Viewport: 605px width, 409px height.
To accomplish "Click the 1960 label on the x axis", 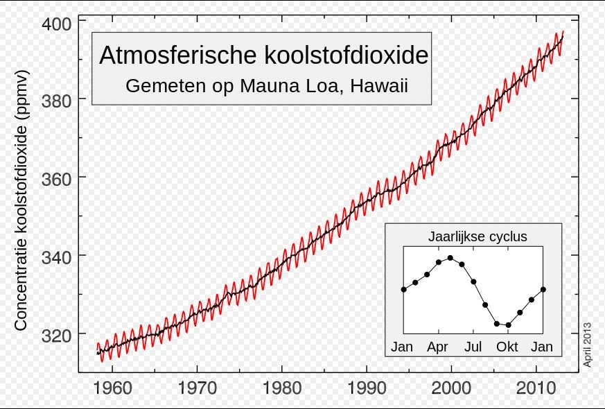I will tap(112, 386).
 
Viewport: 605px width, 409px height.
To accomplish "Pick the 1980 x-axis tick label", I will tap(281, 386).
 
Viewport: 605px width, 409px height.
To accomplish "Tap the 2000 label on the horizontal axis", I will tap(451, 386).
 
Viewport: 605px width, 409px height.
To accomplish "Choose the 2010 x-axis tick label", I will tap(536, 386).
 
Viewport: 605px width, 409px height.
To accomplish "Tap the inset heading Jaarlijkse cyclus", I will tap(477, 236).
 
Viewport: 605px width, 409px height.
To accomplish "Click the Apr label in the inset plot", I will tap(438, 346).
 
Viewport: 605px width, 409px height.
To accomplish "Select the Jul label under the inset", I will tap(473, 346).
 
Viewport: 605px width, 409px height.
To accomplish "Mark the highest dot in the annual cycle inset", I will tap(450, 258).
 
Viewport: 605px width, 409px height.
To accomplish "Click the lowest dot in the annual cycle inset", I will tap(508, 324).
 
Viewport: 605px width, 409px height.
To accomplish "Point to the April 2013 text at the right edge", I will tap(587, 345).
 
